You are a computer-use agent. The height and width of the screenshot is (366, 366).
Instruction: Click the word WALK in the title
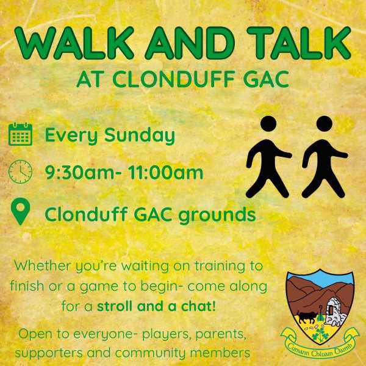click(74, 43)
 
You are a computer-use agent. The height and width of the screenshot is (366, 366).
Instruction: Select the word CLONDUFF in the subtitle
click(174, 79)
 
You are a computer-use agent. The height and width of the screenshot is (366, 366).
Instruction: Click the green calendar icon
click(20, 134)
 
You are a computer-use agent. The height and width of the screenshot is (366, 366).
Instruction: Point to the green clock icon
click(20, 171)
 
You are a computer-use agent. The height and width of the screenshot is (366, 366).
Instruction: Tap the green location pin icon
click(21, 212)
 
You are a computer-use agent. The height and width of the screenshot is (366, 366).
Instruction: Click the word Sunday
click(140, 135)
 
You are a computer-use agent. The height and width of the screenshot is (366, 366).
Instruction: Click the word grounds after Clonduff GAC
click(217, 215)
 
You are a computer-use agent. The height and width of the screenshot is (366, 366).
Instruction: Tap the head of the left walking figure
click(268, 124)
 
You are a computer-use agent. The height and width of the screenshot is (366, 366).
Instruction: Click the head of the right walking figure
click(325, 124)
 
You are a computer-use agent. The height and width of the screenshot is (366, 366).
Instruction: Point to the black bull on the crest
click(306, 317)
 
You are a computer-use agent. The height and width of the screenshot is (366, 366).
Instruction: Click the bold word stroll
click(115, 306)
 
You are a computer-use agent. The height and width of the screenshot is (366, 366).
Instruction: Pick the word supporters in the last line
click(49, 353)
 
